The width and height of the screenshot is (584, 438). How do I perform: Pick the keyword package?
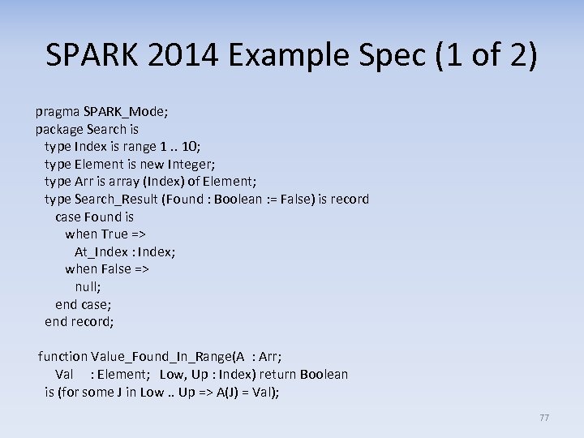click(x=59, y=128)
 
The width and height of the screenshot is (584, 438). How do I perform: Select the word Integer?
click(x=196, y=163)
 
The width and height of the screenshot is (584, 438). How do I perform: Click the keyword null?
click(x=88, y=286)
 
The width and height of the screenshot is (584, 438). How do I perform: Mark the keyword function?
click(x=62, y=356)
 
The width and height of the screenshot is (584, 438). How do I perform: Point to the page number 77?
click(x=544, y=418)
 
